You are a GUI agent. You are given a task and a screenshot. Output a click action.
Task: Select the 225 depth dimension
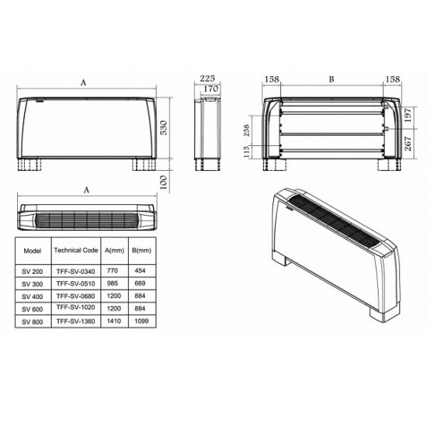[207, 78]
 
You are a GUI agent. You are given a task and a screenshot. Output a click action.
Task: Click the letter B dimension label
[332, 79]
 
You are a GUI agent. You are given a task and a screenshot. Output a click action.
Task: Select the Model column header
[33, 251]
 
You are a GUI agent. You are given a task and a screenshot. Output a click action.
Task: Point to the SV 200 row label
[33, 270]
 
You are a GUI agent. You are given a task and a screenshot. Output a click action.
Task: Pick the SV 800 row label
[33, 321]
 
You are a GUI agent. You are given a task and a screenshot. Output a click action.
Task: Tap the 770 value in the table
[113, 270]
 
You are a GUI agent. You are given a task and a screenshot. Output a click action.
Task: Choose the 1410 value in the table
[113, 321]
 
